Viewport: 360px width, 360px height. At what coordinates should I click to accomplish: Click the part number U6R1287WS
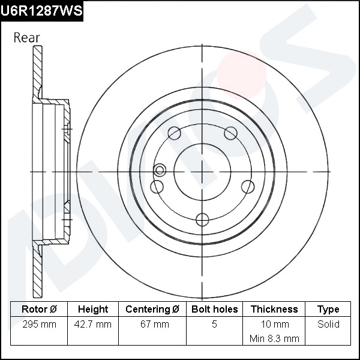(x=41, y=11)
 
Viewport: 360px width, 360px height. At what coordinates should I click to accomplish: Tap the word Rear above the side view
(x=26, y=38)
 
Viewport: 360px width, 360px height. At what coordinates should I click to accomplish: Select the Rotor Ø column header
(x=39, y=309)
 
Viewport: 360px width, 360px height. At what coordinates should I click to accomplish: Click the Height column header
(x=93, y=309)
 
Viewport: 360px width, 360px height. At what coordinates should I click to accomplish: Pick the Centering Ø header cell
(x=152, y=309)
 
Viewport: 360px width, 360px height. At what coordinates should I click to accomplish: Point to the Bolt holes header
(x=214, y=309)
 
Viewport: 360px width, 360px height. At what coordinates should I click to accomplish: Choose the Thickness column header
(x=274, y=309)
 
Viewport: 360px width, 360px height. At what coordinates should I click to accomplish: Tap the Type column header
(x=328, y=310)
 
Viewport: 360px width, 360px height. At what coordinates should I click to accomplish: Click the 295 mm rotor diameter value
(x=39, y=324)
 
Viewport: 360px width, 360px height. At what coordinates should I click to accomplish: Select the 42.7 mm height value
(x=93, y=324)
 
